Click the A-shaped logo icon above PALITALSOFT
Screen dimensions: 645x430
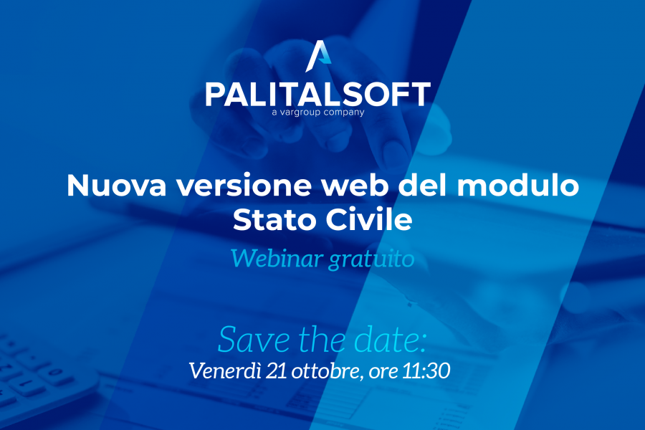coord(318,56)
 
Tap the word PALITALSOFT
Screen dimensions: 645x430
coord(318,94)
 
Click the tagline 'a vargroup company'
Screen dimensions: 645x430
coord(318,113)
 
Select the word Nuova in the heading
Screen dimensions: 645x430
coord(116,186)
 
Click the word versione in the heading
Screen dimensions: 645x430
coord(244,186)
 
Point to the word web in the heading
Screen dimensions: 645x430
coord(355,186)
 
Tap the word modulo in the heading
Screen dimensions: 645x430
coord(518,185)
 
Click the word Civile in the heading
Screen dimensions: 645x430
coord(369,219)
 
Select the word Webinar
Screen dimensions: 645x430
coord(276,259)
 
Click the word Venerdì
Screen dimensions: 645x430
coord(224,371)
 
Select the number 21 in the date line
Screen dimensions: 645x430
coord(276,371)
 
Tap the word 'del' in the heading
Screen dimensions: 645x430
coord(423,185)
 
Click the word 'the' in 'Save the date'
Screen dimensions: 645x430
coord(322,339)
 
